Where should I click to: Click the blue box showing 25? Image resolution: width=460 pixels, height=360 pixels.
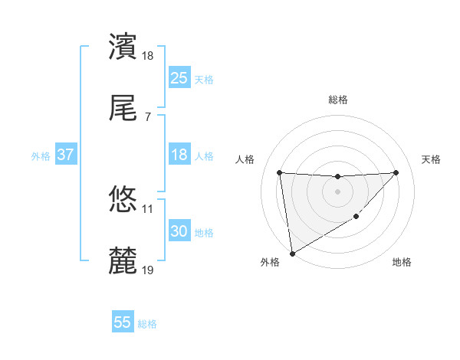point(179,78)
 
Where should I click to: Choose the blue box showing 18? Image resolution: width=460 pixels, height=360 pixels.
point(179,155)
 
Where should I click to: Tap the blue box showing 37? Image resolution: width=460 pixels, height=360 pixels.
point(66,155)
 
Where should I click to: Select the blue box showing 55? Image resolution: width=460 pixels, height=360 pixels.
point(123,322)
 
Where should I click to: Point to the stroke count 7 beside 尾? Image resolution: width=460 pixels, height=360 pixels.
point(147,116)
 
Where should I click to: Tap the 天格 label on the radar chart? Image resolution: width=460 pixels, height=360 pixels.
point(432,159)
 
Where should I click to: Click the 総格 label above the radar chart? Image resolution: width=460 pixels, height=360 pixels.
point(338,100)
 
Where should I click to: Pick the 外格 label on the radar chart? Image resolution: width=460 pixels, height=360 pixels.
point(270,263)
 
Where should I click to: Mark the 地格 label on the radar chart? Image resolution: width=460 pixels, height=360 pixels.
point(402,263)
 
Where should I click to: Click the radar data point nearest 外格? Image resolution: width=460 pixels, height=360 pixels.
point(291,253)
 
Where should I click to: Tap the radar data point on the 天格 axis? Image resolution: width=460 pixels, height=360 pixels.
point(396,172)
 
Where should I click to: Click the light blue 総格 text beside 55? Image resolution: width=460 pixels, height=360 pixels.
point(147,324)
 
